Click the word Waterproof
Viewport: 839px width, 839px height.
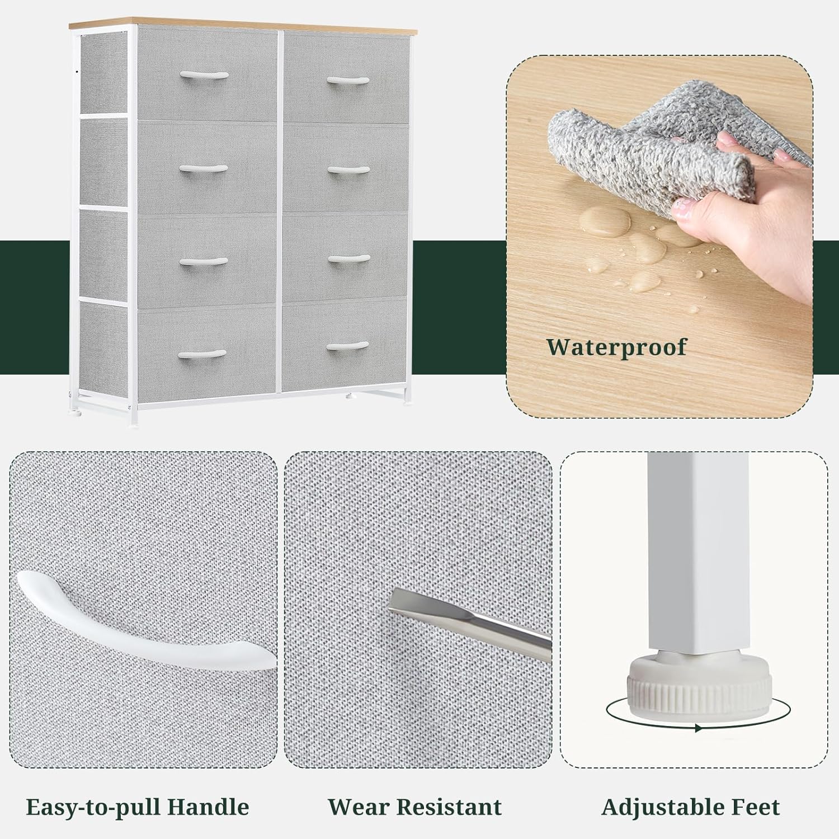(616, 347)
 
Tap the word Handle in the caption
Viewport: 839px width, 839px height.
(209, 807)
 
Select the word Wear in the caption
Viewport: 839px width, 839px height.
(357, 807)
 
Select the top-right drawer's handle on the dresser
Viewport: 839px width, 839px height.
(348, 81)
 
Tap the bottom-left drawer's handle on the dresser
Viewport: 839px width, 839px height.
(202, 354)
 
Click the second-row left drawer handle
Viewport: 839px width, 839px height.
(203, 169)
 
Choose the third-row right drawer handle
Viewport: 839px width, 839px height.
(348, 259)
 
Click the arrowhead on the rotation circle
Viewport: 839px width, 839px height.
(698, 728)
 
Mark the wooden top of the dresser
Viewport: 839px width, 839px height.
(243, 26)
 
